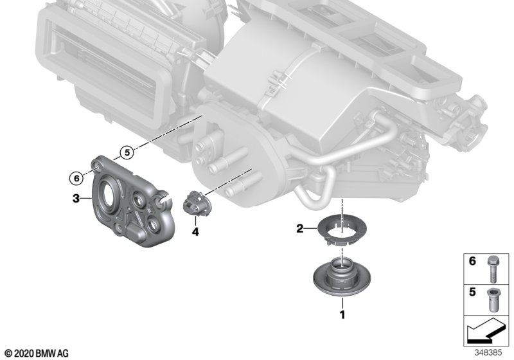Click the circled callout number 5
[127, 152]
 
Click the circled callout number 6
[76, 178]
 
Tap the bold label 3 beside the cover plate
[76, 198]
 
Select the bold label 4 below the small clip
[195, 232]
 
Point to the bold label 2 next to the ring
[299, 228]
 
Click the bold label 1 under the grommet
[342, 315]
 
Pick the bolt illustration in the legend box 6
[492, 269]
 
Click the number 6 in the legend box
[472, 261]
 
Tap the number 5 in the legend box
[472, 292]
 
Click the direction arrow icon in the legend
[486, 330]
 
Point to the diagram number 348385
[488, 353]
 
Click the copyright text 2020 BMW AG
[37, 354]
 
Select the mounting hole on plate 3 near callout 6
[97, 169]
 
